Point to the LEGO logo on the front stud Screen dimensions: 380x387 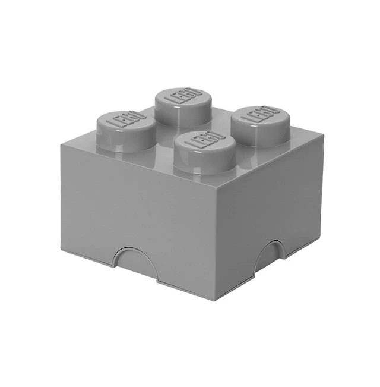coord(204,139)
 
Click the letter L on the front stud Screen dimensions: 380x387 coord(191,143)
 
